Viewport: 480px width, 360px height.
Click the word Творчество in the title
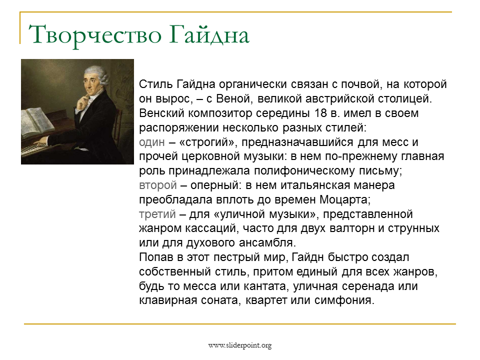click(95, 35)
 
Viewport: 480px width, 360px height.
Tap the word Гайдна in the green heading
click(209, 34)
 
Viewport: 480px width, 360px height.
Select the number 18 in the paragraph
click(320, 113)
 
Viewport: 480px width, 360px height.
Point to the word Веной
click(234, 99)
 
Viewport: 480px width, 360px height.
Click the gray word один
click(152, 142)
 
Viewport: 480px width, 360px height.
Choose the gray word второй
click(158, 185)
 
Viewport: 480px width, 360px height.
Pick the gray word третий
click(157, 214)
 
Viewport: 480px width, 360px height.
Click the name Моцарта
click(345, 199)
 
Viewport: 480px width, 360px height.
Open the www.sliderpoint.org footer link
click(240, 345)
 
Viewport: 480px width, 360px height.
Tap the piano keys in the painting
click(35, 149)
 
